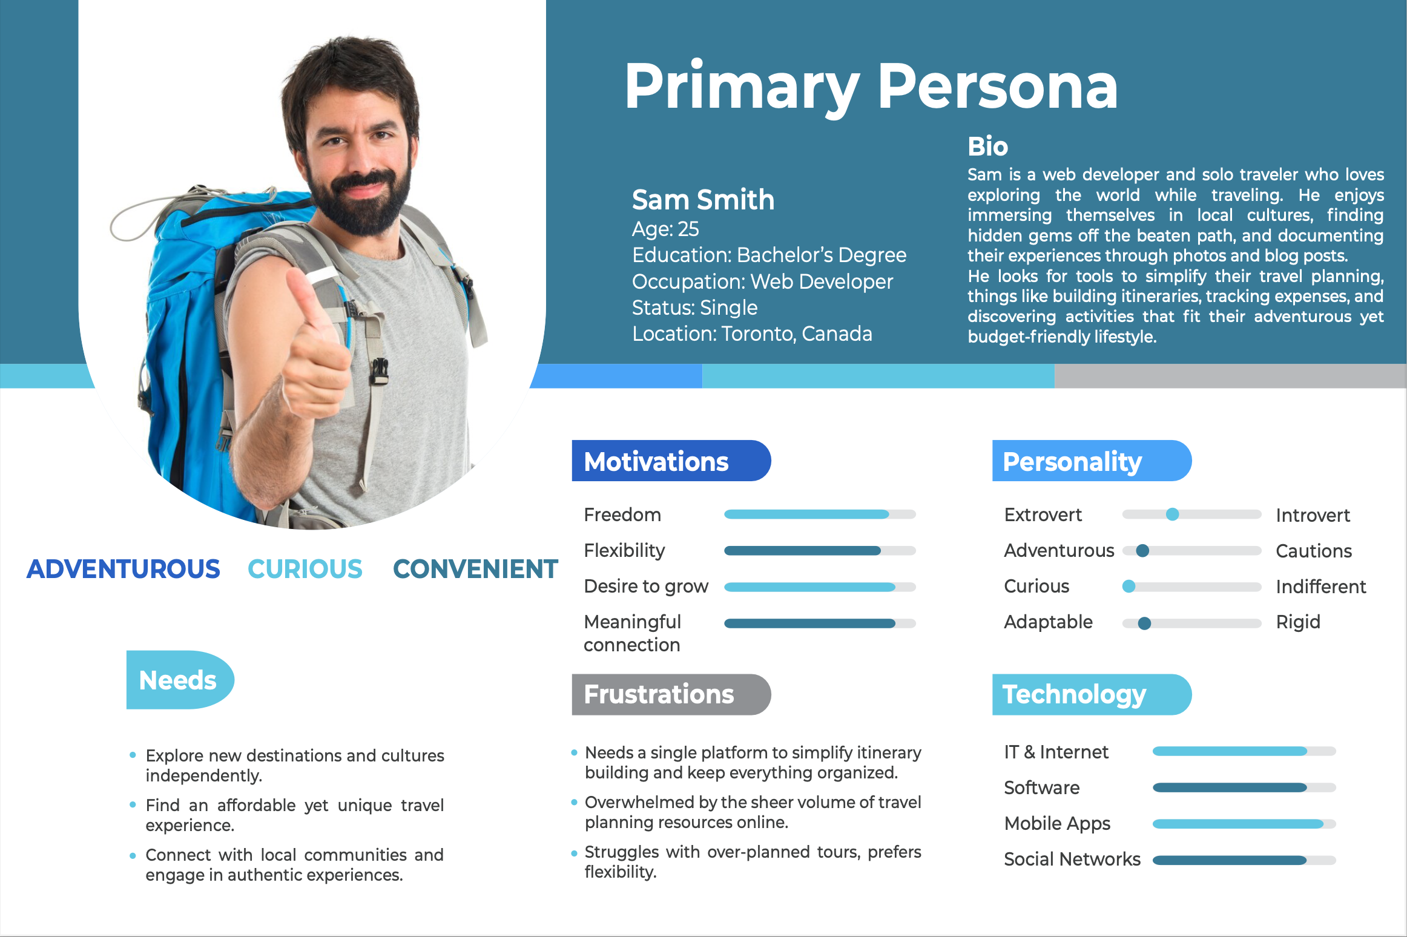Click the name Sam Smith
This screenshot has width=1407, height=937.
[703, 200]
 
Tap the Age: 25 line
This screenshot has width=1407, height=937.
[665, 229]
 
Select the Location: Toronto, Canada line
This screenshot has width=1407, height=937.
[752, 334]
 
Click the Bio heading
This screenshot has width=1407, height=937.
[987, 146]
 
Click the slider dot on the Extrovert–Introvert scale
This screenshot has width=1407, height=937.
[1173, 515]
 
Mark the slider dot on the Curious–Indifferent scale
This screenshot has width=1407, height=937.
[1129, 587]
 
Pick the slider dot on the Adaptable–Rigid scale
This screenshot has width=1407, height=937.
[1144, 623]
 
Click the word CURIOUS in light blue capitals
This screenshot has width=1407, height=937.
[305, 569]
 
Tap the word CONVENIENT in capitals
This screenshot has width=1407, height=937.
[475, 569]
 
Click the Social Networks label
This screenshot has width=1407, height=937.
[1072, 859]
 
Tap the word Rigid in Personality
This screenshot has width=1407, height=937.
[1298, 622]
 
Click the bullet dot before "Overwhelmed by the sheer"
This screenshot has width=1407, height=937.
[574, 803]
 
